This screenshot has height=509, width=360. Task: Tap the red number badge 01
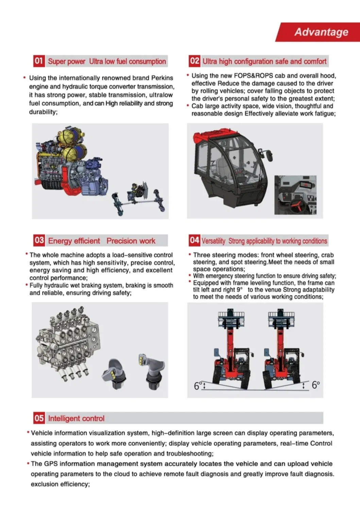tap(39, 61)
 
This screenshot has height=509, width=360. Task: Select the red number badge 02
tap(194, 61)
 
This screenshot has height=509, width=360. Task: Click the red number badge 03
tap(39, 241)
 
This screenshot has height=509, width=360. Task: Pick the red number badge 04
tap(194, 241)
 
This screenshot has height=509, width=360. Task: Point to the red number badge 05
tap(39, 418)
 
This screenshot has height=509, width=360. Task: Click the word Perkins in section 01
tap(162, 78)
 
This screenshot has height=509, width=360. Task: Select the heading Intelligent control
tap(76, 418)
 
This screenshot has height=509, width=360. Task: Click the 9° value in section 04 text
tap(239, 290)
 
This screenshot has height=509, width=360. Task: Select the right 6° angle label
tap(315, 385)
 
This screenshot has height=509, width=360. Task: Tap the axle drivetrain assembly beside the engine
tap(139, 199)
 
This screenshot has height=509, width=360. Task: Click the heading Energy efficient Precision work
tap(102, 241)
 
